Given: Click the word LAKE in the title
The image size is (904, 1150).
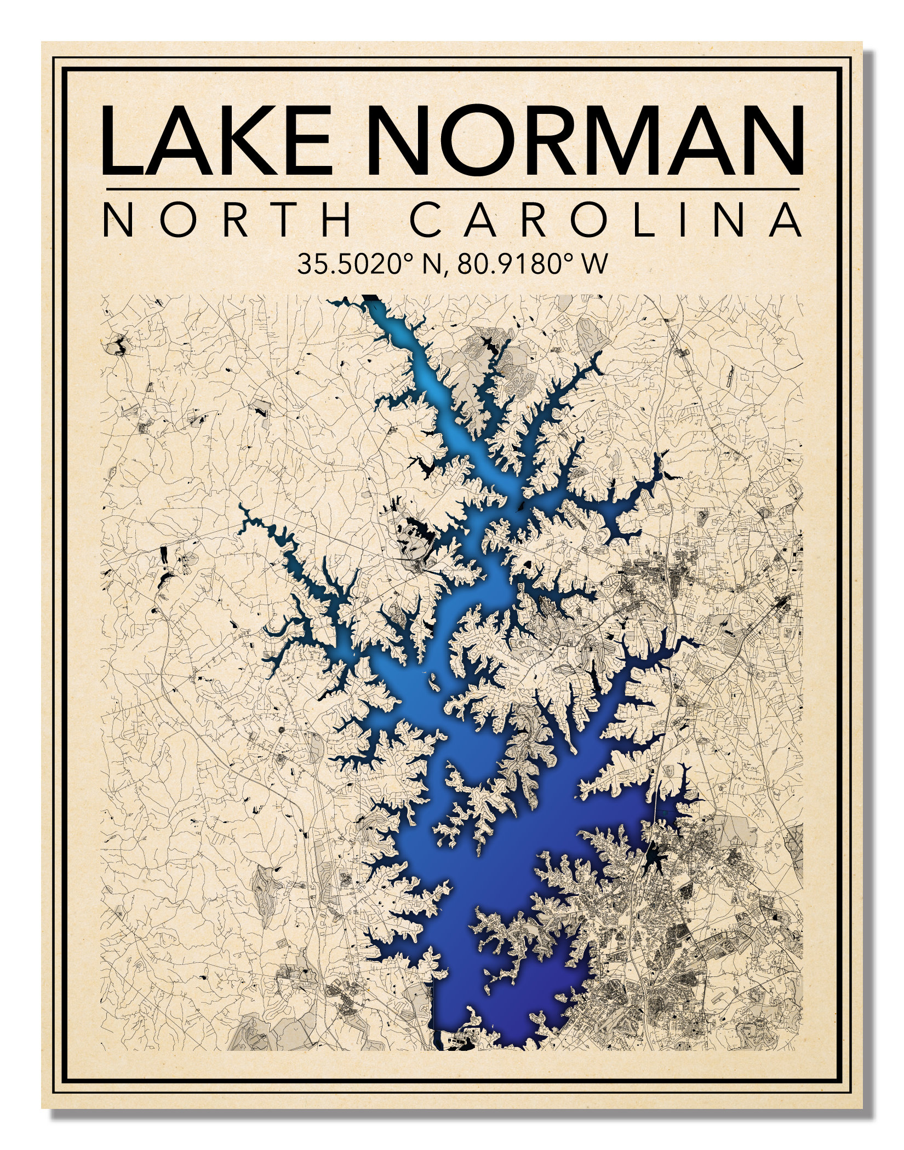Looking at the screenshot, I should (216, 141).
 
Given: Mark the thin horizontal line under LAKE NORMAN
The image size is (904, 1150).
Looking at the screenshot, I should (453, 189).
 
